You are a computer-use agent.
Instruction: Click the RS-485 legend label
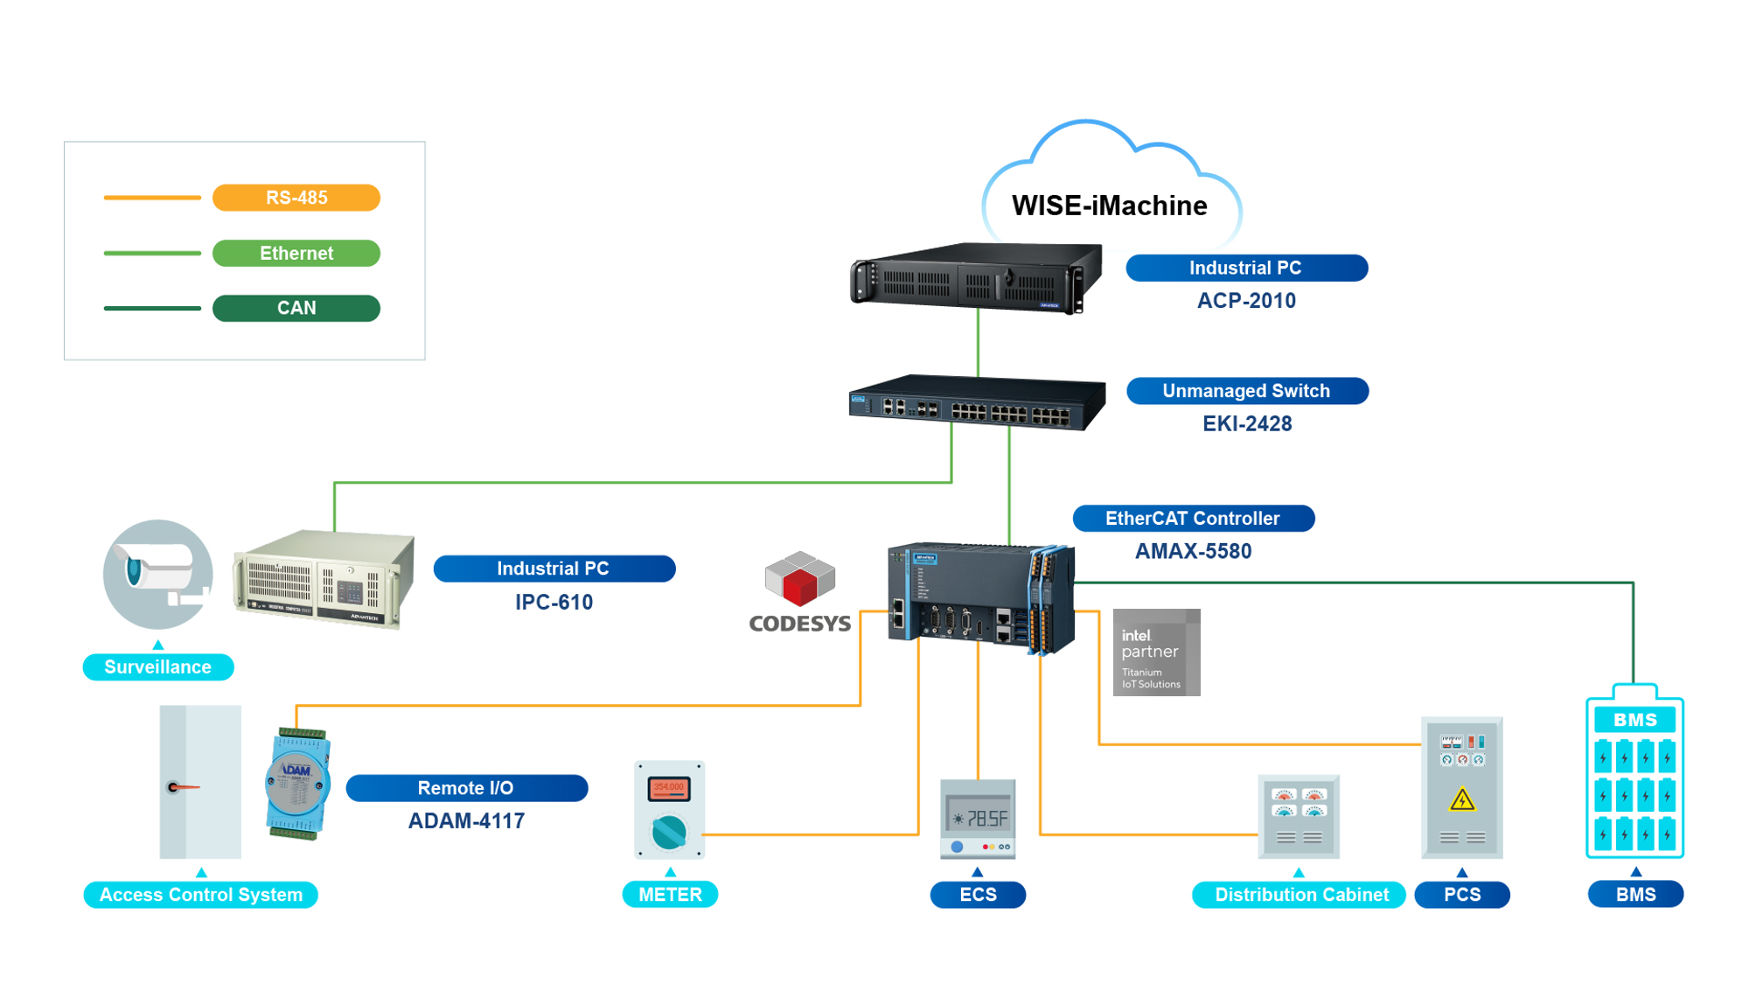(x=296, y=198)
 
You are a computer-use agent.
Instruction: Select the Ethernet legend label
(x=296, y=253)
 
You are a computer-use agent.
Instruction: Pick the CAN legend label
(x=296, y=308)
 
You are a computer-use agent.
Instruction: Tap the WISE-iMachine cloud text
(x=1109, y=206)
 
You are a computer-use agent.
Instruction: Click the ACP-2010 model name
(x=1246, y=301)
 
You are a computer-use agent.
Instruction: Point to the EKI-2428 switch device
(x=976, y=403)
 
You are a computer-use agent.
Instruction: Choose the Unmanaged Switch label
(x=1246, y=391)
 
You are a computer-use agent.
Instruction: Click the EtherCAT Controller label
(x=1193, y=518)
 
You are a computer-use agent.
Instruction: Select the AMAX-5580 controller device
(x=979, y=598)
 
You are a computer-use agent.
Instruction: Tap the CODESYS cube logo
(x=799, y=579)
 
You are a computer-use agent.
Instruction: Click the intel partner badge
(x=1156, y=653)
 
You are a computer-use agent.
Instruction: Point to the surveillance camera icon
(x=157, y=574)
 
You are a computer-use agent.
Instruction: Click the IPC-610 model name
(x=554, y=603)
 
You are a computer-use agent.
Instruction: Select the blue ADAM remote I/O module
(x=297, y=783)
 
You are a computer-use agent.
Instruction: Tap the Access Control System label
(x=200, y=895)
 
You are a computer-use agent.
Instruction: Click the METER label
(x=670, y=895)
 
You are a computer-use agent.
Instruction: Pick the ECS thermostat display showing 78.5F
(x=978, y=819)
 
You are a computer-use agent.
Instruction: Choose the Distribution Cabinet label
(x=1300, y=895)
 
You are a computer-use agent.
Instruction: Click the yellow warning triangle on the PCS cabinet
(x=1462, y=799)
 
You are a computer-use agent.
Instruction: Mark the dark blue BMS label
(x=1635, y=895)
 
